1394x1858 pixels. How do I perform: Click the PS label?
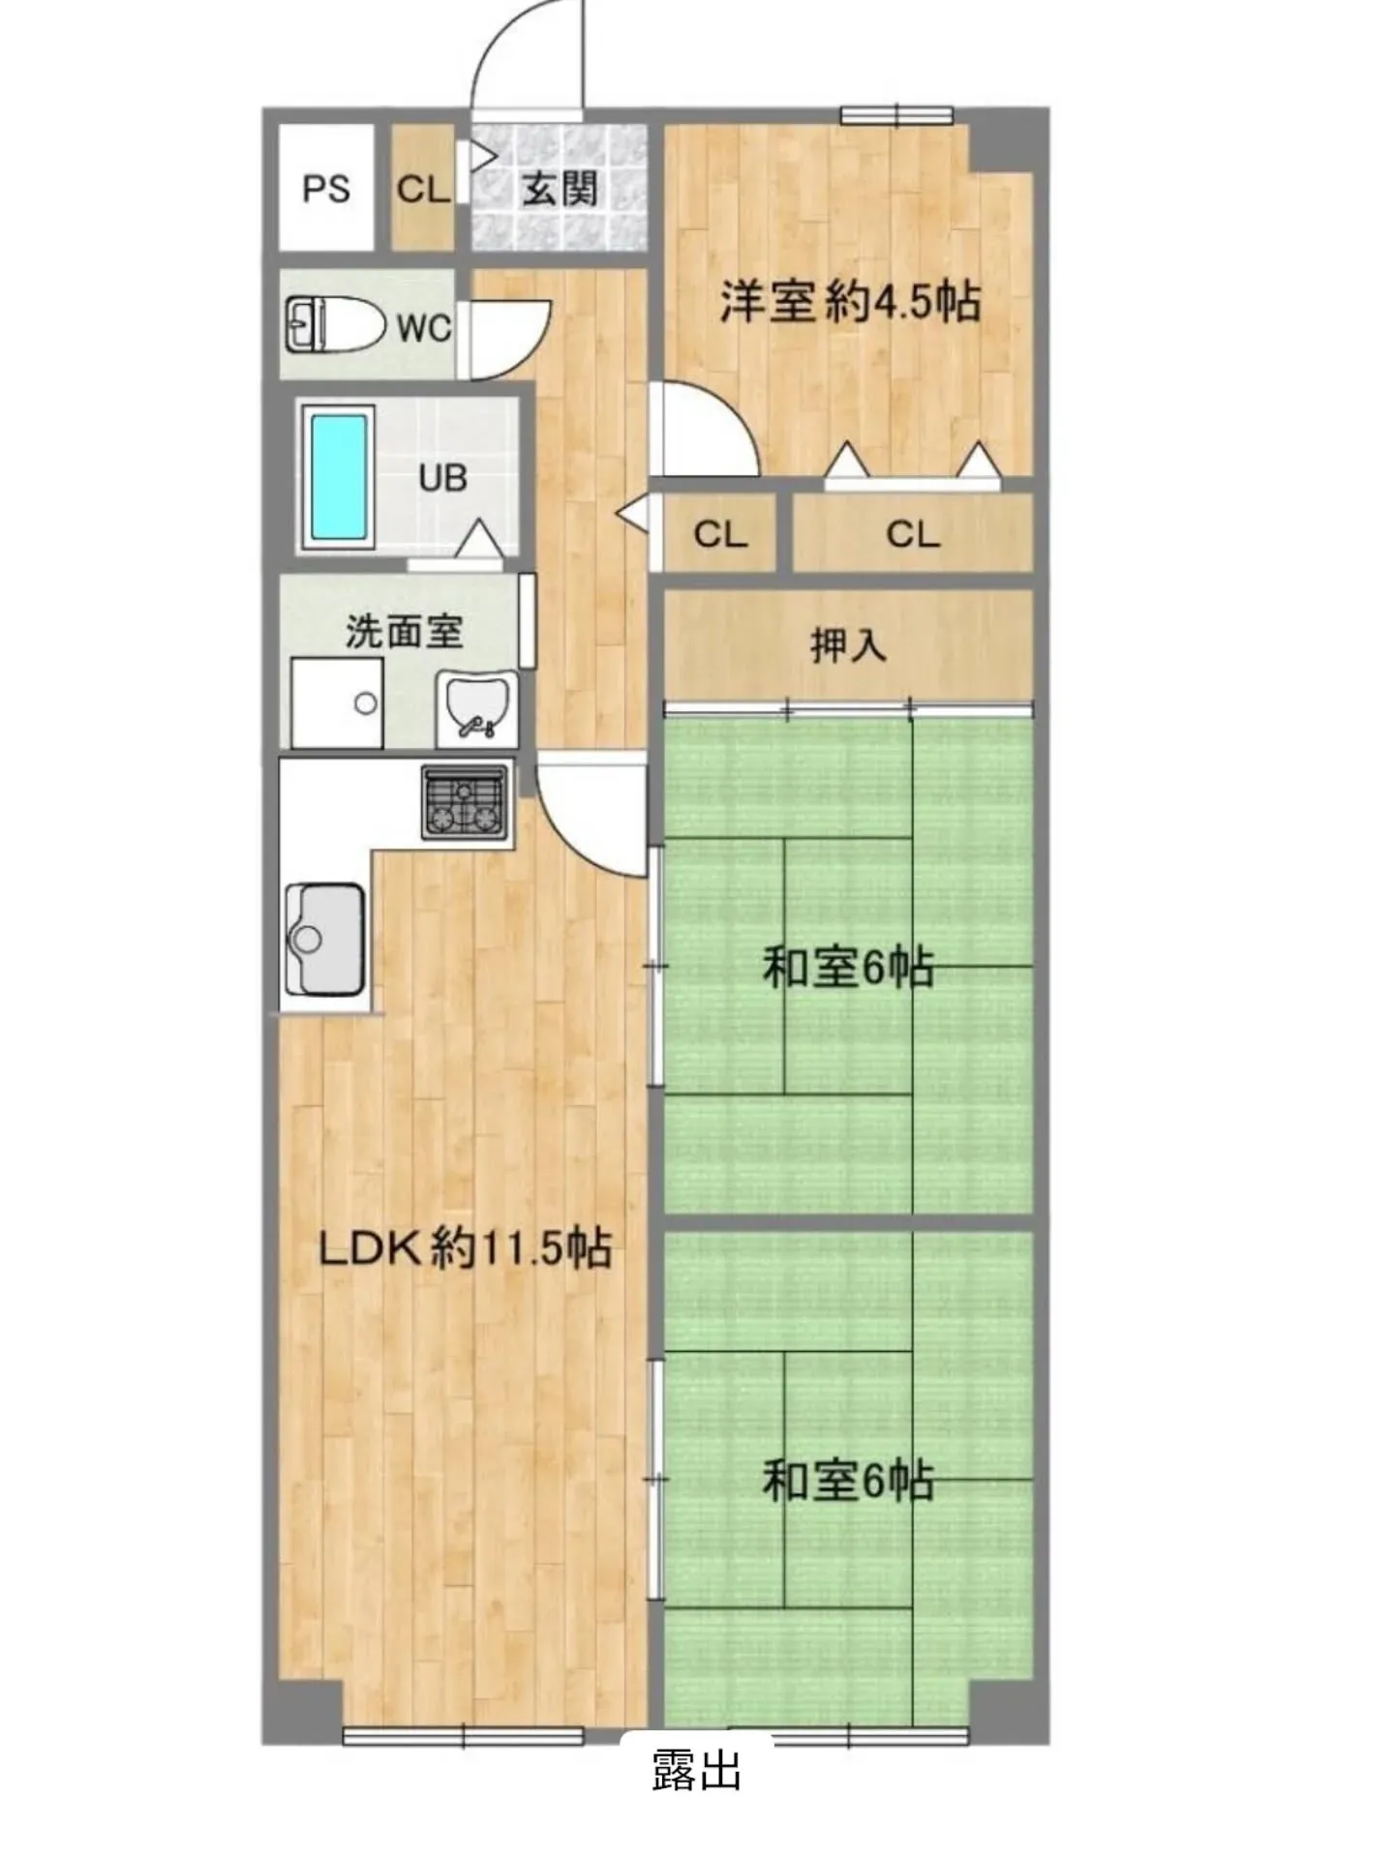point(325,189)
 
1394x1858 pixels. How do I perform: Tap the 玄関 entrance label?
point(560,189)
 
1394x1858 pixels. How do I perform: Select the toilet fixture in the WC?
point(329,324)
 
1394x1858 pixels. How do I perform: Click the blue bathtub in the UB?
point(339,478)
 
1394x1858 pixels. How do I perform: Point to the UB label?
point(443,478)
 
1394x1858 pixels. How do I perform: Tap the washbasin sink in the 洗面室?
point(476,708)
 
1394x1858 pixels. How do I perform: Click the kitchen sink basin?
point(324,940)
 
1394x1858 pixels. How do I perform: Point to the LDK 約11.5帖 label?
point(466,1248)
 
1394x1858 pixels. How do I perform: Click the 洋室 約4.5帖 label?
point(850,301)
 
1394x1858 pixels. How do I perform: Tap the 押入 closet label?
point(848,644)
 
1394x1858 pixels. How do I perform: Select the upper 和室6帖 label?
point(848,967)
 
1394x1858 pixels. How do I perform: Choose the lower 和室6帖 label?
point(848,1480)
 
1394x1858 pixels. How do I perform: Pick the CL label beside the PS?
point(423,189)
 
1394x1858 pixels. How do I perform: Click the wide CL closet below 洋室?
point(913,533)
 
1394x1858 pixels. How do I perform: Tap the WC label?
point(424,328)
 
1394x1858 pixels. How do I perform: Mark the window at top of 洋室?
point(896,115)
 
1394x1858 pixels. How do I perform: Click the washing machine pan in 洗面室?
point(337,703)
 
